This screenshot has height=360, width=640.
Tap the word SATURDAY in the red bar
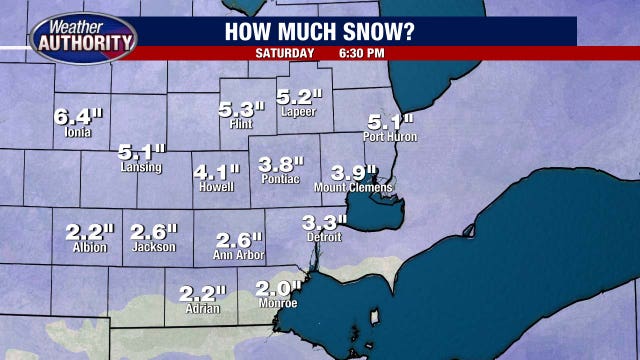[284, 52]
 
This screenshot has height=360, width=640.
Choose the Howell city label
[216, 187]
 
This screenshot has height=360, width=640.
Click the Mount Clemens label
[353, 187]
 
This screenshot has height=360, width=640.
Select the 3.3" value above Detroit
[324, 223]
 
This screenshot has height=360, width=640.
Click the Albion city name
[90, 247]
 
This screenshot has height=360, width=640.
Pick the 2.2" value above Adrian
[202, 294]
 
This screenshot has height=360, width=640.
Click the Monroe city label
[277, 303]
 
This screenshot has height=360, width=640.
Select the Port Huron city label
[391, 136]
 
